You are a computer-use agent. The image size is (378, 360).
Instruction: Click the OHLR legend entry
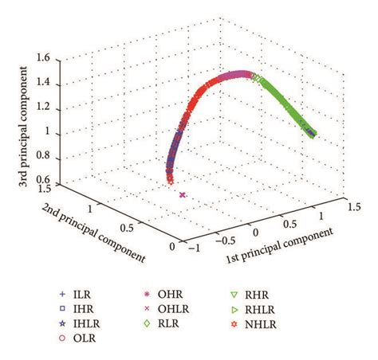pos(174,308)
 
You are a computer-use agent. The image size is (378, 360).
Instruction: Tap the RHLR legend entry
pos(271,308)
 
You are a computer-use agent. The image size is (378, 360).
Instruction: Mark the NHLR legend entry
pos(271,323)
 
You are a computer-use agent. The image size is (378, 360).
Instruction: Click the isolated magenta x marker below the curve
pos(183,195)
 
